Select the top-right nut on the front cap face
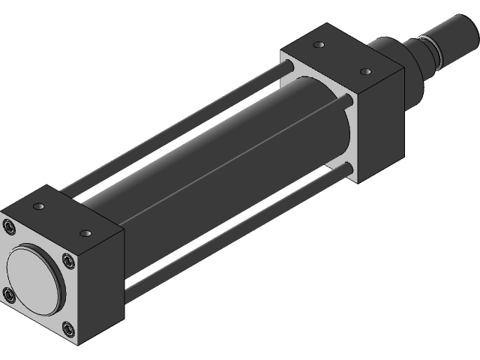coord(68,261)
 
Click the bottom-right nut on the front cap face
coord(68,328)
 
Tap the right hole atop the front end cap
coord(87,233)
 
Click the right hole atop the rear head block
coord(367,71)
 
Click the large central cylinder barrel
coord(225,150)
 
